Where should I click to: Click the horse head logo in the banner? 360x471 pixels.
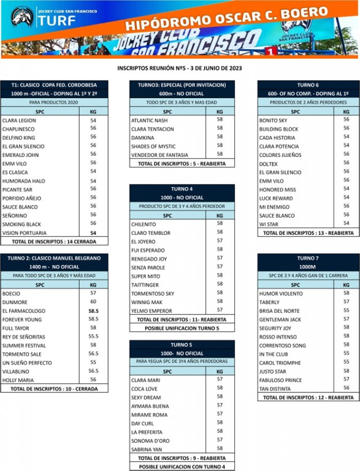point(22,17)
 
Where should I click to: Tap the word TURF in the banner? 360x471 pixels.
point(56,21)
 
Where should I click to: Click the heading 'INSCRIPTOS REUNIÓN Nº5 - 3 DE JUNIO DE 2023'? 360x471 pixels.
point(180,68)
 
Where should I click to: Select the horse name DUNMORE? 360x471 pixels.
point(15,302)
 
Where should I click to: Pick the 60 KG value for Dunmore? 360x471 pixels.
point(93,302)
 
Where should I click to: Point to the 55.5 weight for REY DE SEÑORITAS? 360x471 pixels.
point(93,337)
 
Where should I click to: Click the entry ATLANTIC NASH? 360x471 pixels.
point(150,120)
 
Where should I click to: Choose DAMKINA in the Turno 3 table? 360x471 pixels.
point(143,138)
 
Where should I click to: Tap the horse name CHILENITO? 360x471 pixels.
point(144,224)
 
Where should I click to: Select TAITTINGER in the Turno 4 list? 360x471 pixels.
point(145,285)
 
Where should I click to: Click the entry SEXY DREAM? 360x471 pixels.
point(146,397)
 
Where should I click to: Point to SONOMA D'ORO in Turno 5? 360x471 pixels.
point(150,441)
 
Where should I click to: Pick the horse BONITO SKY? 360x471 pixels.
point(273,120)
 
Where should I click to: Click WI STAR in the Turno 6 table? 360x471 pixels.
point(269,224)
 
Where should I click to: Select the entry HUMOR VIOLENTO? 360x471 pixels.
point(281,294)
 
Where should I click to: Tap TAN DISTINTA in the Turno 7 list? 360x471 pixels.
point(275,389)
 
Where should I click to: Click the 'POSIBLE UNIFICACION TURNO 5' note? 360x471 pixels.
point(182,328)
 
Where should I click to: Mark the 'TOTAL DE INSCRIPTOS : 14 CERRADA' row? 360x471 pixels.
point(54,242)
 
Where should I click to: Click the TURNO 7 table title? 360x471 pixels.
point(308,258)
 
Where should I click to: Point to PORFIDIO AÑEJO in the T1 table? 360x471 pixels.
point(21,199)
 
